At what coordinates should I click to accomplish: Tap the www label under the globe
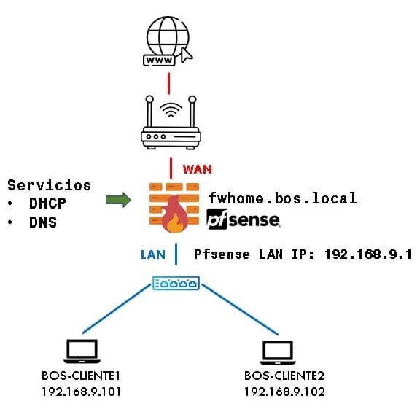159,61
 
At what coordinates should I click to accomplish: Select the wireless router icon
171,123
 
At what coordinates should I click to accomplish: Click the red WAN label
198,169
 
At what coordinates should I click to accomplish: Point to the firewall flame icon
175,214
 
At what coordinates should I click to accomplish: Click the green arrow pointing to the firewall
118,200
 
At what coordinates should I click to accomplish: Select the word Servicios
50,185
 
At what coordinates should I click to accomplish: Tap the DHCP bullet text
47,203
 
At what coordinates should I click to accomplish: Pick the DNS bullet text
43,222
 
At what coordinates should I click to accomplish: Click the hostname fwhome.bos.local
282,198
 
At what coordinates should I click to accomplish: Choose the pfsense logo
244,219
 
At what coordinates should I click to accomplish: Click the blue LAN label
153,254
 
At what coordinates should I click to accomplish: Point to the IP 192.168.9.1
368,254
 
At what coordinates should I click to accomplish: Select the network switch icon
176,283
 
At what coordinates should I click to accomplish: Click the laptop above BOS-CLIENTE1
82,351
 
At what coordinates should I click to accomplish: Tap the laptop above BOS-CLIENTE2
278,352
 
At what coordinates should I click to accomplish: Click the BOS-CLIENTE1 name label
81,376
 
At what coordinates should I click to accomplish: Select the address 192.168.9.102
284,392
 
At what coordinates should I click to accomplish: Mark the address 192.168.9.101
81,392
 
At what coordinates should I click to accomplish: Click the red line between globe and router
168,83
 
